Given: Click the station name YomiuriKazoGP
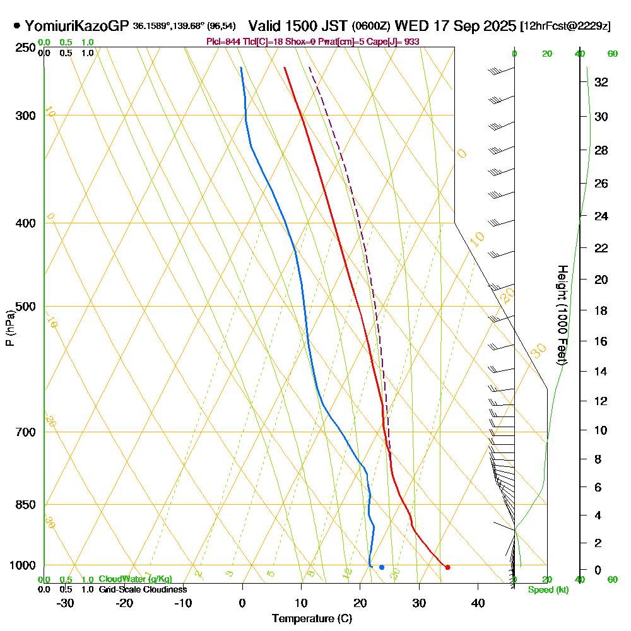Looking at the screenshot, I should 77,26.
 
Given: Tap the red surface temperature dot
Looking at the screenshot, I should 447,567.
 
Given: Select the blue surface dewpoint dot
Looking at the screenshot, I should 382,567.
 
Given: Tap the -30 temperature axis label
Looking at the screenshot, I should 66,603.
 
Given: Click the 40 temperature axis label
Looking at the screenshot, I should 478,603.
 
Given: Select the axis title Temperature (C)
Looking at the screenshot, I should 312,619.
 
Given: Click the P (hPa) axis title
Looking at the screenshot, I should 9,328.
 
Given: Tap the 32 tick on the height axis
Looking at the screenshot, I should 602,82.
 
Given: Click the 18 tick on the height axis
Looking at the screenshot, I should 602,310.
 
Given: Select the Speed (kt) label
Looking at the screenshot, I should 546,589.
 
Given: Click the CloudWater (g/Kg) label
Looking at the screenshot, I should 135,579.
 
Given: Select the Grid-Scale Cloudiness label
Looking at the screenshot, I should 143,589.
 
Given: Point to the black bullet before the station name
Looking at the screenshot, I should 16,26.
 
